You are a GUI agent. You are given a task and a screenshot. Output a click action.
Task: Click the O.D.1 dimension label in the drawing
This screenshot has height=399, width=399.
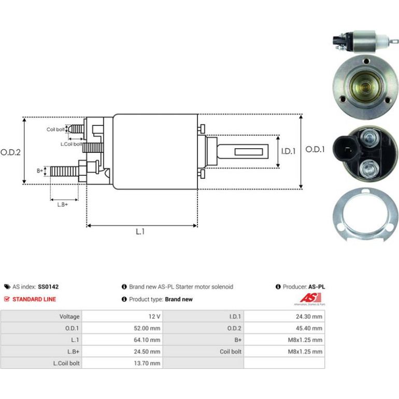pyautogui.click(x=315, y=149)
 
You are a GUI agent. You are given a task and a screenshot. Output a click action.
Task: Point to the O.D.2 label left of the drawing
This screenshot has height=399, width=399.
pyautogui.click(x=10, y=152)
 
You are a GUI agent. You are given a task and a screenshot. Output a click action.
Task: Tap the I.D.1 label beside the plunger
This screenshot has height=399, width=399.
pyautogui.click(x=288, y=151)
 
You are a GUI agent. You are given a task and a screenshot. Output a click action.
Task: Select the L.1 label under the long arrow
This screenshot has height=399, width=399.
pyautogui.click(x=140, y=232)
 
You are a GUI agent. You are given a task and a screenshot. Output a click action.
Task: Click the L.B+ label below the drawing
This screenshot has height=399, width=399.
pyautogui.click(x=63, y=205)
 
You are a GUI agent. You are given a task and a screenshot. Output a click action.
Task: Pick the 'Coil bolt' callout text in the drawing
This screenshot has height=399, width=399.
pyautogui.click(x=55, y=130)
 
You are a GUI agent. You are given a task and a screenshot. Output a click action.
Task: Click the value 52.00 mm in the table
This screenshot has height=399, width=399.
pyautogui.click(x=147, y=328)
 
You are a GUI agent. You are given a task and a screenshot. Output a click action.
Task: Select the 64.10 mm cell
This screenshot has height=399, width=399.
pyautogui.click(x=147, y=340)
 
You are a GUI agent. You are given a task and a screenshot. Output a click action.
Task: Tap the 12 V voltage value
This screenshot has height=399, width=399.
pyautogui.click(x=154, y=317)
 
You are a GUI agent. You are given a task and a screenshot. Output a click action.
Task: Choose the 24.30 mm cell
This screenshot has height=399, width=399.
pyautogui.click(x=309, y=317)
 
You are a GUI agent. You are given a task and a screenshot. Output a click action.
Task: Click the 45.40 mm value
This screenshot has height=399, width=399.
pyautogui.click(x=309, y=328)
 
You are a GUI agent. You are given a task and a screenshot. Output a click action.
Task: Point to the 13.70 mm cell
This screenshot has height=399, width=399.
pyautogui.click(x=147, y=363)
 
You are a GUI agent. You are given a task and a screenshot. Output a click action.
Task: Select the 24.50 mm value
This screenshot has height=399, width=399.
pyautogui.click(x=147, y=352)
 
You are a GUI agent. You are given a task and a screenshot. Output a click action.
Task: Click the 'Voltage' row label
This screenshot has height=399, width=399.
pyautogui.click(x=69, y=317)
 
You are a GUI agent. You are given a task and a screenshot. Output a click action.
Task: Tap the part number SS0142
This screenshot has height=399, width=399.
pyautogui.click(x=48, y=287)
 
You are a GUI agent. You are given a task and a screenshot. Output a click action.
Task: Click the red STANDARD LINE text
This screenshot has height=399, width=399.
pyautogui.click(x=34, y=300)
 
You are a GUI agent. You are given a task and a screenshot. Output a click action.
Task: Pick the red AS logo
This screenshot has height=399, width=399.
pyautogui.click(x=310, y=298)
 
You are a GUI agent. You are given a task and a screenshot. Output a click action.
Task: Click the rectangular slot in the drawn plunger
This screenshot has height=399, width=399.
pyautogui.click(x=249, y=152)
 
